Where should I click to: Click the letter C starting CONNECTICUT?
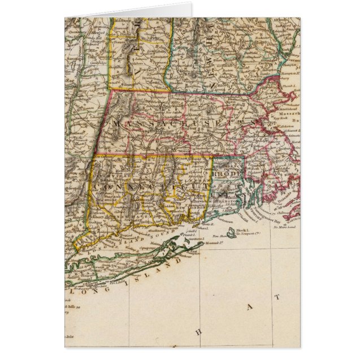(x=97, y=186)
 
